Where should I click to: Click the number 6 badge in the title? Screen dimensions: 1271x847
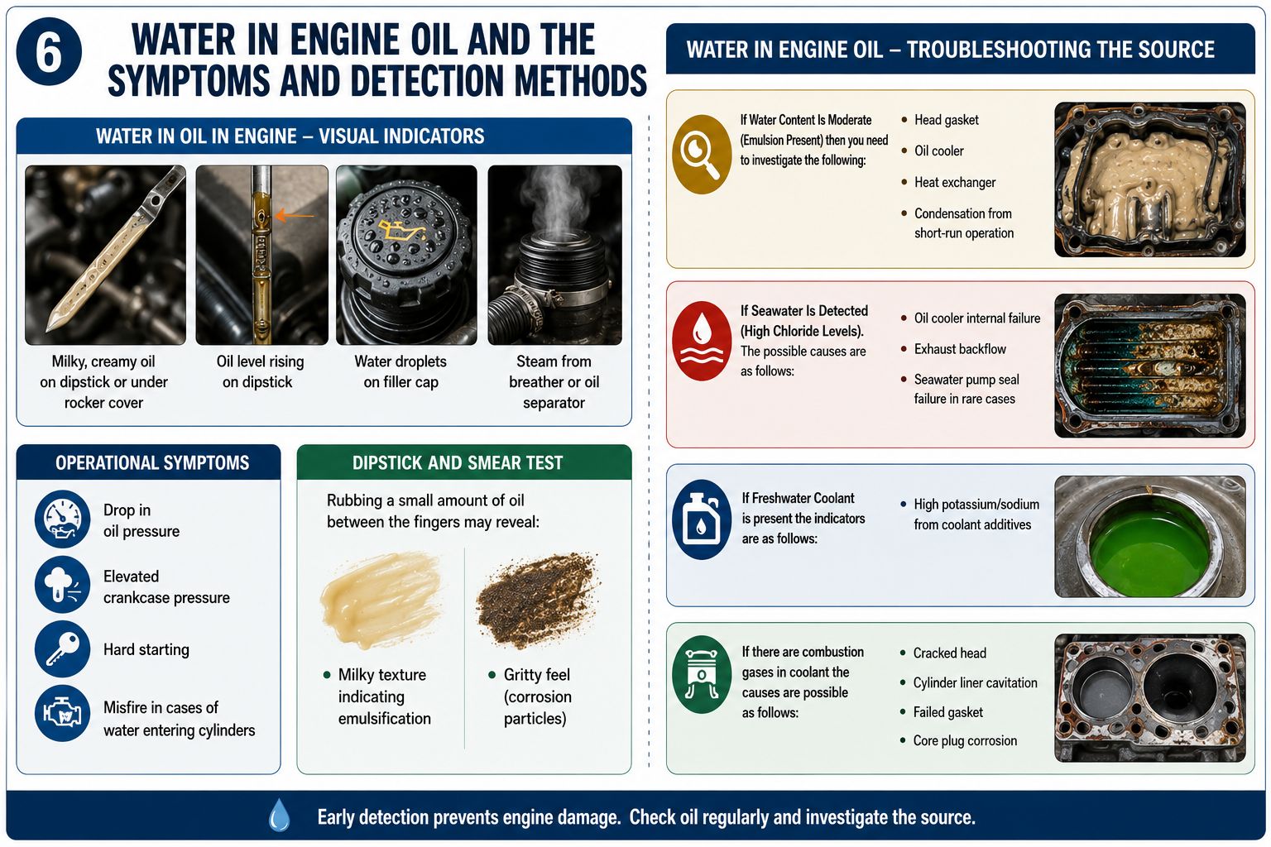(x=49, y=51)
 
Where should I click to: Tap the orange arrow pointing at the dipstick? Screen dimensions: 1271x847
(x=295, y=216)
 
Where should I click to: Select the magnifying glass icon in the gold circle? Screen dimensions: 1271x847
(x=702, y=155)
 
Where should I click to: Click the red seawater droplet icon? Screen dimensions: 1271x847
(x=702, y=341)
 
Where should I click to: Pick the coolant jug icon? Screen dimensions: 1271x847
(x=702, y=519)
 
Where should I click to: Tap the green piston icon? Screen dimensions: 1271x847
(x=702, y=674)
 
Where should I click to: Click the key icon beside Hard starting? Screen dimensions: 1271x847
(x=62, y=649)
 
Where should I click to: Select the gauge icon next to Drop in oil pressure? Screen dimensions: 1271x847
(x=62, y=519)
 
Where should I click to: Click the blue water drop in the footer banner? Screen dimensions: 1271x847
(x=279, y=816)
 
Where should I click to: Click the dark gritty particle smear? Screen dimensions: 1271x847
(x=537, y=599)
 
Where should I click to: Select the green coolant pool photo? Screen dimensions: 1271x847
(x=1149, y=536)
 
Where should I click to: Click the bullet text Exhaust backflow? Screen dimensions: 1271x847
(x=960, y=349)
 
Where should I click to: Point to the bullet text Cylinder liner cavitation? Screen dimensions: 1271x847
(x=975, y=682)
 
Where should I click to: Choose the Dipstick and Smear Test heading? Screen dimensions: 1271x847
(x=458, y=463)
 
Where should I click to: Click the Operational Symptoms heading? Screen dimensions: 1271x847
(x=152, y=463)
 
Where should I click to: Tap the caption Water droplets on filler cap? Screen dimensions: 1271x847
(x=400, y=371)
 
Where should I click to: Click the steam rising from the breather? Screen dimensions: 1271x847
(x=559, y=199)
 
